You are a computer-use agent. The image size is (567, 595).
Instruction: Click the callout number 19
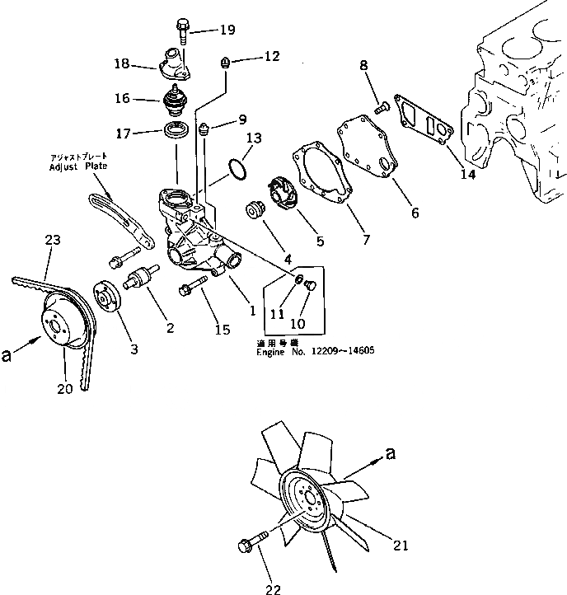(x=227, y=30)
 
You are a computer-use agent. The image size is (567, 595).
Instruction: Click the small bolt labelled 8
(x=382, y=105)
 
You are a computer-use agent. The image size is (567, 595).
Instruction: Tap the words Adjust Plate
(x=79, y=166)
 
